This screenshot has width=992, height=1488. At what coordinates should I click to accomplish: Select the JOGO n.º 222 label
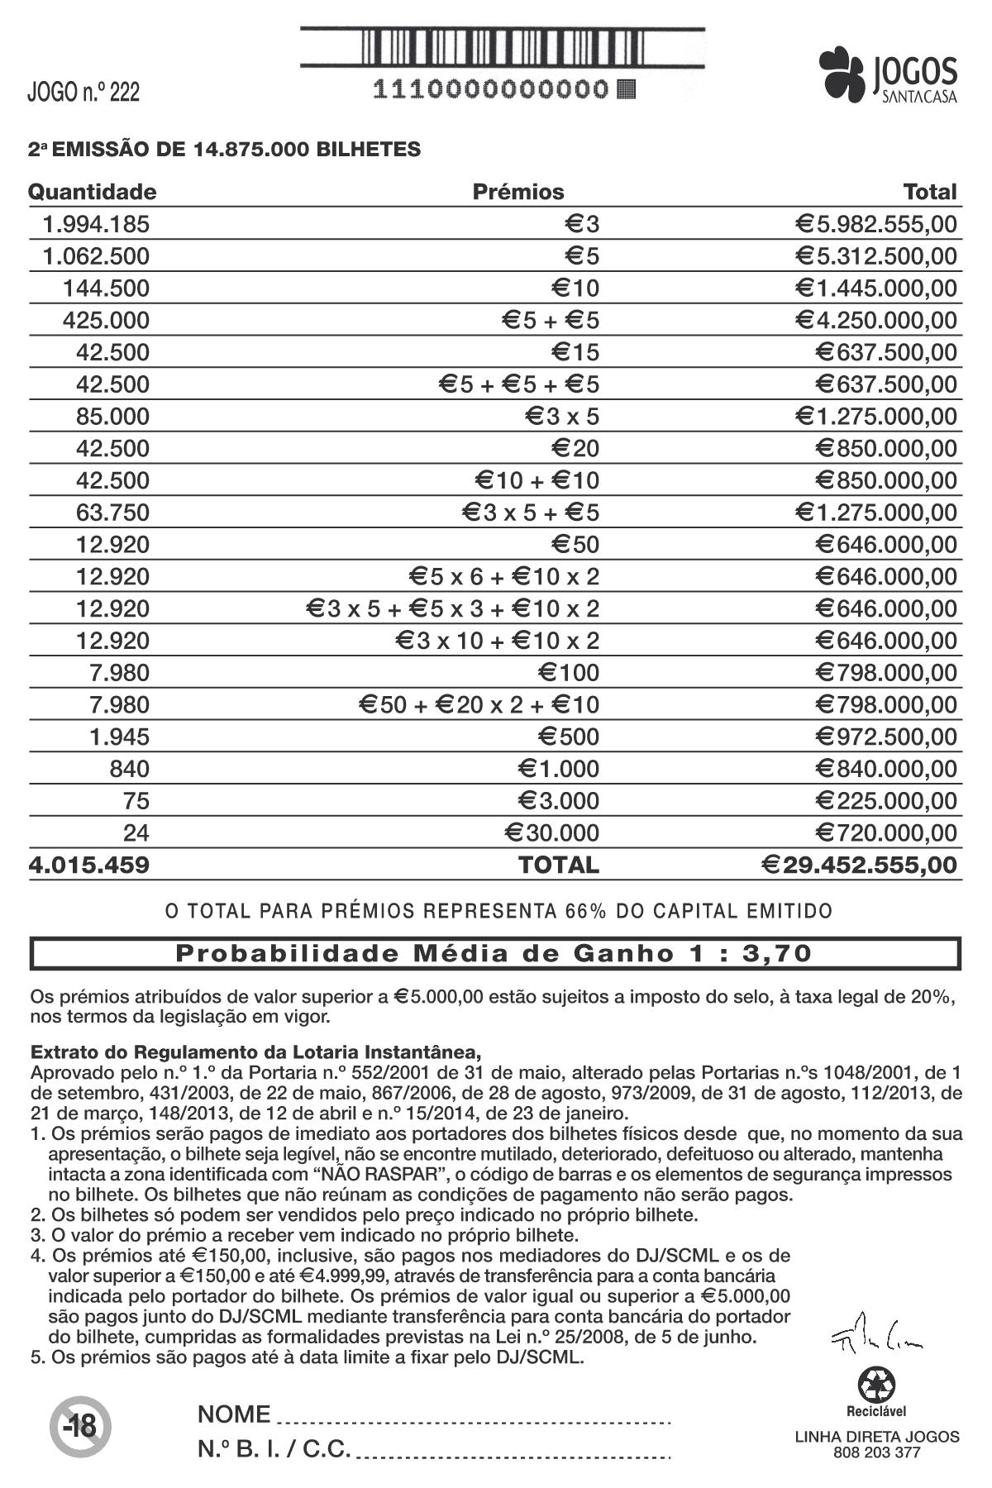(83, 92)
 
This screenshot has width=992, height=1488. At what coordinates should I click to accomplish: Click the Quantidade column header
(92, 192)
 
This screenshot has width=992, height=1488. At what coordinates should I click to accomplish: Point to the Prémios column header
(518, 192)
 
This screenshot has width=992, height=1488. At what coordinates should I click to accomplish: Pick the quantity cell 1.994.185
(97, 224)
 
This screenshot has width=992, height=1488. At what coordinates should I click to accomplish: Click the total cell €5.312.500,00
(876, 256)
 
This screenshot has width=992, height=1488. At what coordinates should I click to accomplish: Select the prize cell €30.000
(552, 832)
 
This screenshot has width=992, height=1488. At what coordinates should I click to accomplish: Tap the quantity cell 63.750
(112, 513)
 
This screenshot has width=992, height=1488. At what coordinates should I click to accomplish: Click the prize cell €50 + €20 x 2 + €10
(479, 705)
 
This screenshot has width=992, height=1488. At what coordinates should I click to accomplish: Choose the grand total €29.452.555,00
(860, 866)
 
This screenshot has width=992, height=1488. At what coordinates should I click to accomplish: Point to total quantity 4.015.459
(89, 866)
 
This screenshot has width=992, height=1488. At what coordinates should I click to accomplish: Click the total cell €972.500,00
(886, 737)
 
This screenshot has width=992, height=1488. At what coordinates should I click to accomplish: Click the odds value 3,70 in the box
(777, 953)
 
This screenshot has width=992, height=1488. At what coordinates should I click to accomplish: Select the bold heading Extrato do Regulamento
(255, 1052)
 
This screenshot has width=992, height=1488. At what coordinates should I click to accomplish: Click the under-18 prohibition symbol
(80, 1426)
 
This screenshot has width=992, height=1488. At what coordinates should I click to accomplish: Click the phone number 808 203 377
(876, 1452)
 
